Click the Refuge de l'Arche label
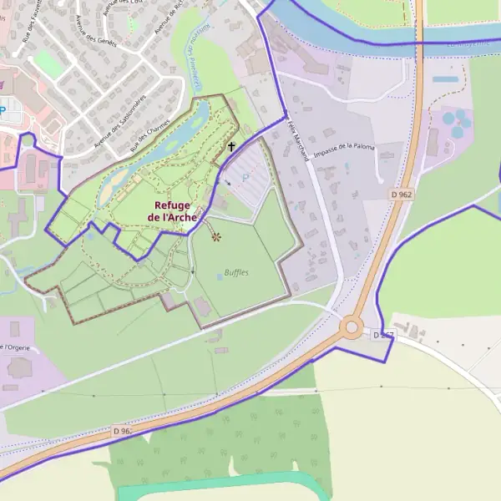coord(172,211)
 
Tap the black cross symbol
coord(231,146)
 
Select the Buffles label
coord(236,272)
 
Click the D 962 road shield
coord(402,194)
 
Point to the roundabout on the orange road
coord(354,327)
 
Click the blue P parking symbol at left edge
coord(3,109)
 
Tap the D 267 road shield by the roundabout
coord(382,335)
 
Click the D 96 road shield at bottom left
coord(122,431)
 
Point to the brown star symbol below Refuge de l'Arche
coord(216,237)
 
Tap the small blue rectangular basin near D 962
coord(446,80)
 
